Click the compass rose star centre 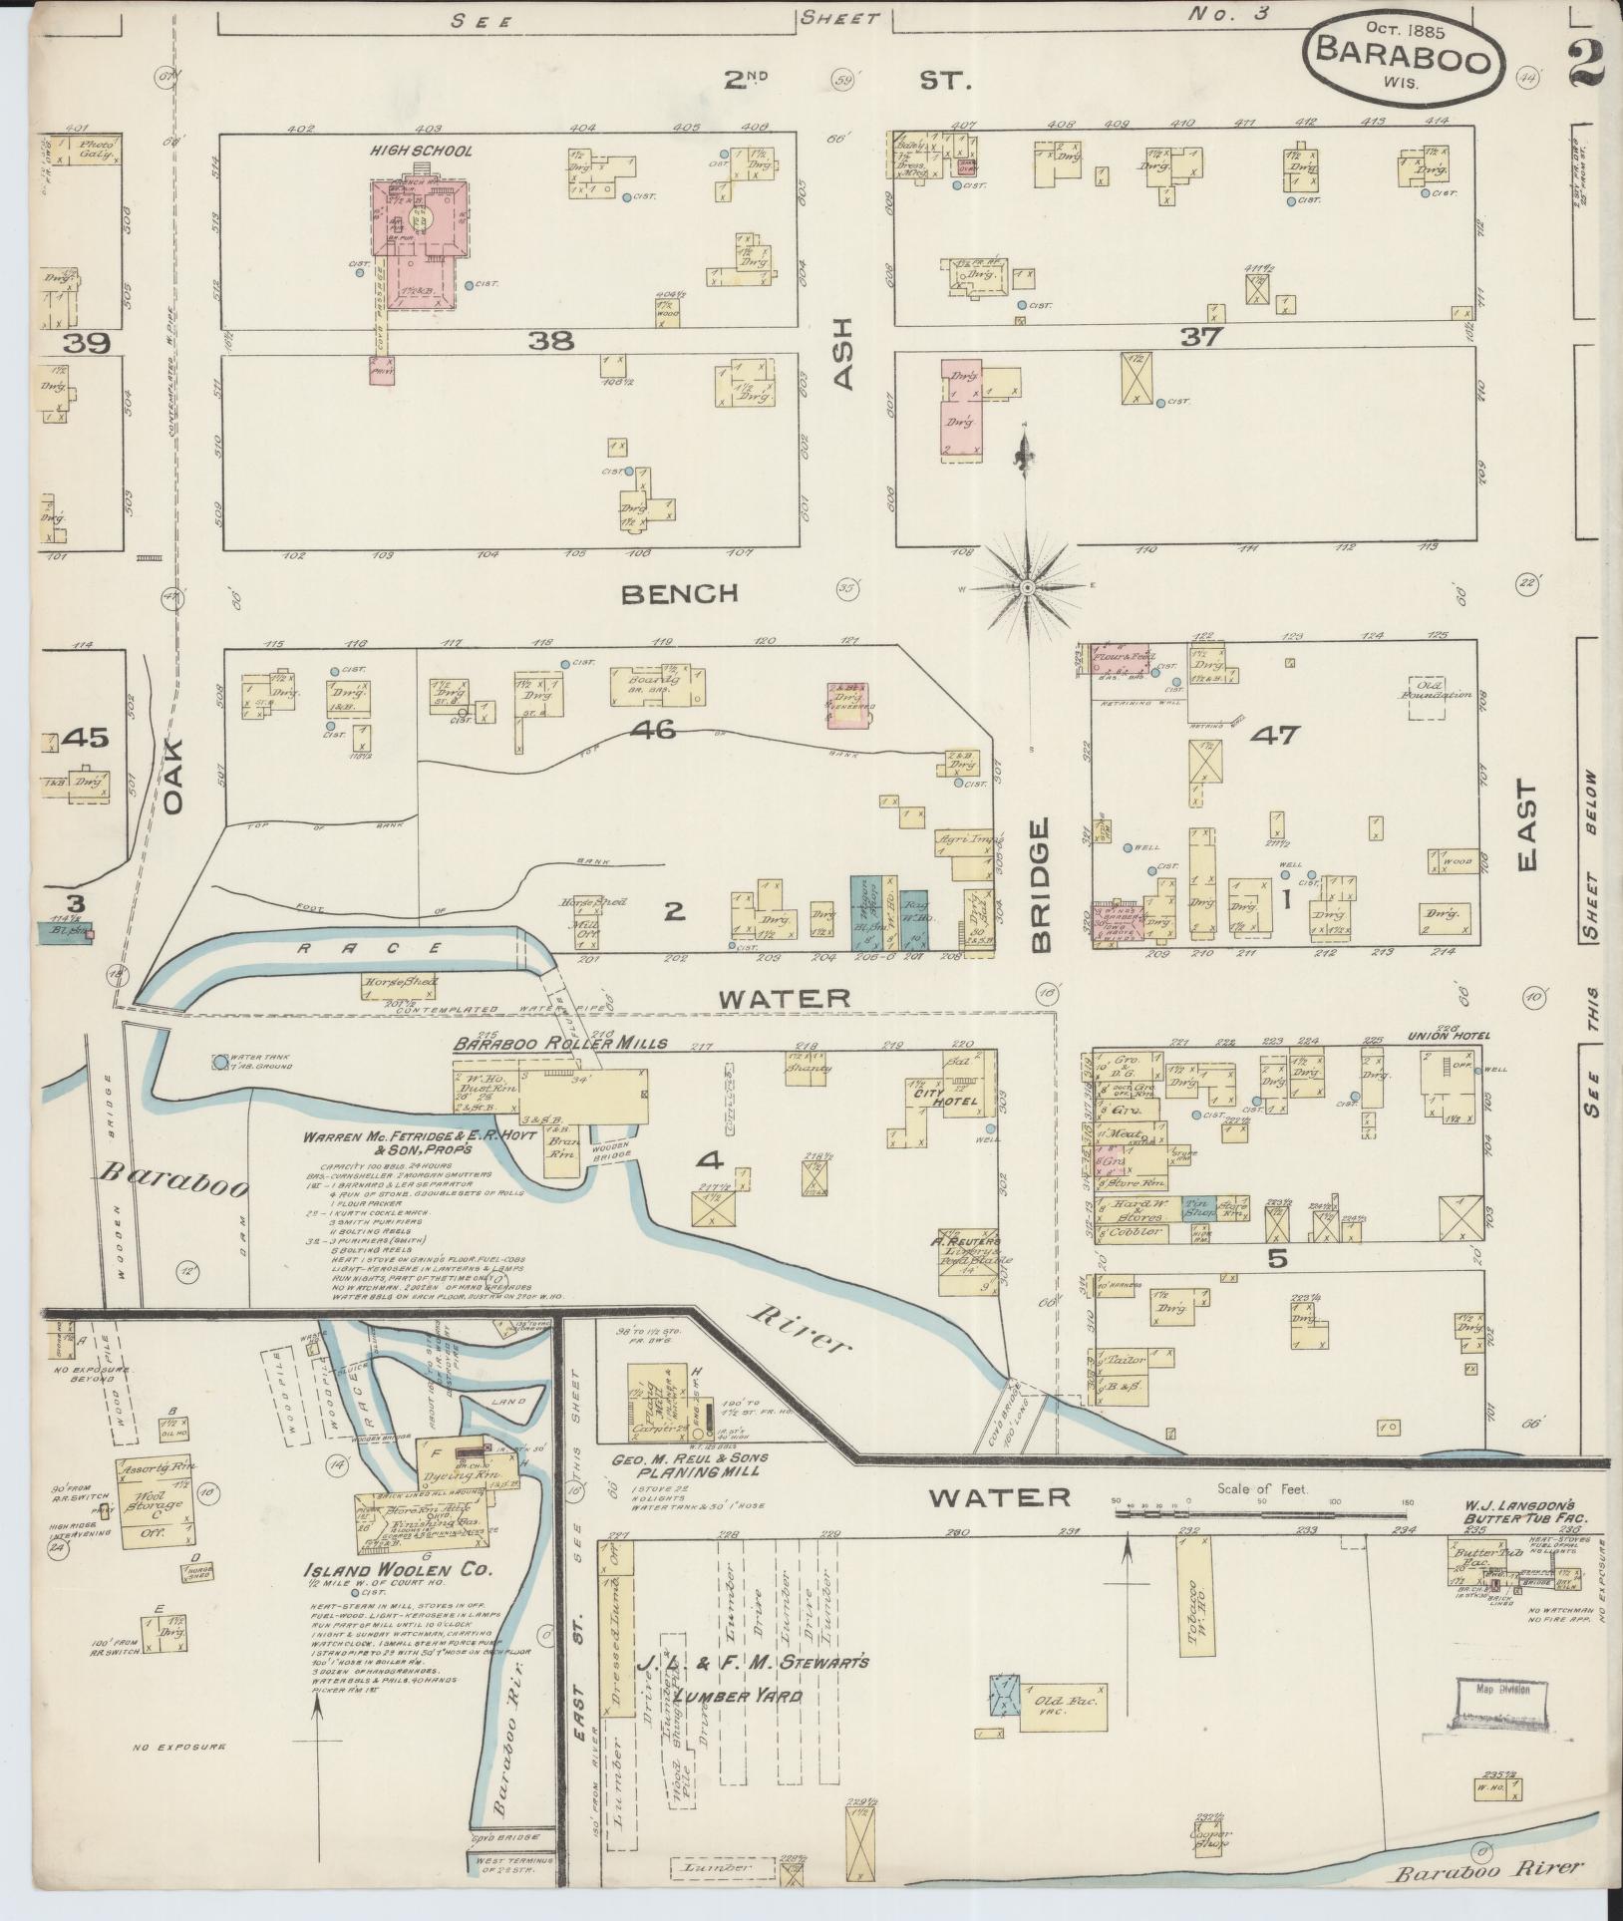pos(1026,590)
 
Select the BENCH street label pos(679,594)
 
